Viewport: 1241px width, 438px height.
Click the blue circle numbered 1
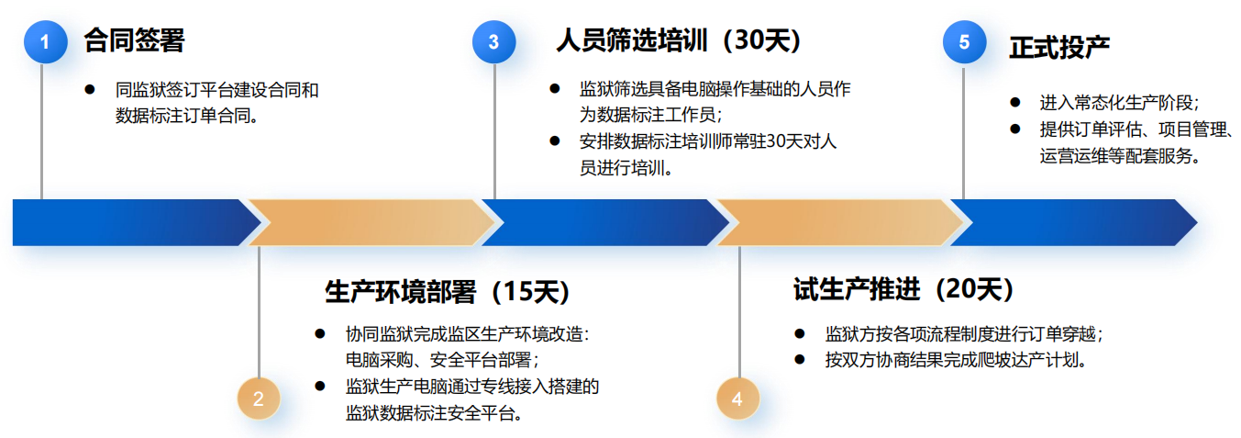[45, 42]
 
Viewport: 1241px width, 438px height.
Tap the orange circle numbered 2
[259, 398]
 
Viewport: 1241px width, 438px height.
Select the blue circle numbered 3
[493, 42]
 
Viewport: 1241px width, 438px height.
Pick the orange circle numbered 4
[738, 398]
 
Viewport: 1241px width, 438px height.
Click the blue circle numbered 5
[964, 42]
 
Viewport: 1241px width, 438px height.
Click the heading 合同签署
[134, 40]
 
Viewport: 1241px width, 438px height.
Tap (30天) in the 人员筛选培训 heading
[759, 40]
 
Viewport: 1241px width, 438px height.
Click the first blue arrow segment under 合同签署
[128, 222]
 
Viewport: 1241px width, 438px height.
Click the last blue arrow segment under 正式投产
[1069, 222]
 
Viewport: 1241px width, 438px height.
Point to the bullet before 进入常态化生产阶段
[1014, 102]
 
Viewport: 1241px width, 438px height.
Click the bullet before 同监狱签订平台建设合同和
[89, 89]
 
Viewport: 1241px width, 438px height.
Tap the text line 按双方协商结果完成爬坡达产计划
[955, 359]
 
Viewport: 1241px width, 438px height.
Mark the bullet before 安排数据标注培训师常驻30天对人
[554, 140]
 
